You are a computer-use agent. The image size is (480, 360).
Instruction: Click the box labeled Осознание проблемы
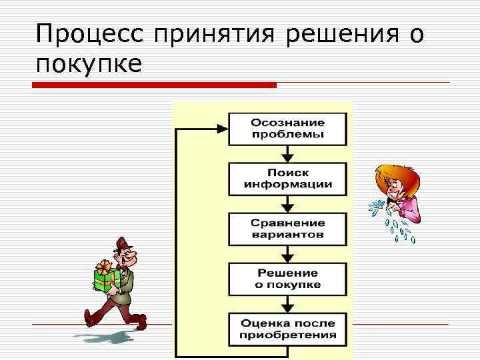287,129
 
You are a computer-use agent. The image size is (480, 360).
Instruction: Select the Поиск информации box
287,179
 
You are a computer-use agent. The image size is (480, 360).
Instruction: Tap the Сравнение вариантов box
287,229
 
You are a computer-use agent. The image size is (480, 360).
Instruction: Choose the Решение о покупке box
287,279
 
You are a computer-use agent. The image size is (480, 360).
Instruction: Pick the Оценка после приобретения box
287,329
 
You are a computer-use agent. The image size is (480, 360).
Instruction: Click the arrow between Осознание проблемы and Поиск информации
287,154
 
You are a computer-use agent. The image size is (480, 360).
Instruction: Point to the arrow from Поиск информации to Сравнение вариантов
287,204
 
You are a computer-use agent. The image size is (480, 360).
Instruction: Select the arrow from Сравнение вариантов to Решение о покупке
287,254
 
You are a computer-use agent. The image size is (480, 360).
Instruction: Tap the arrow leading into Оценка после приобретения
287,304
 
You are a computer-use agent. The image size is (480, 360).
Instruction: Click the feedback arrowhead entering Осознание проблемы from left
221,129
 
